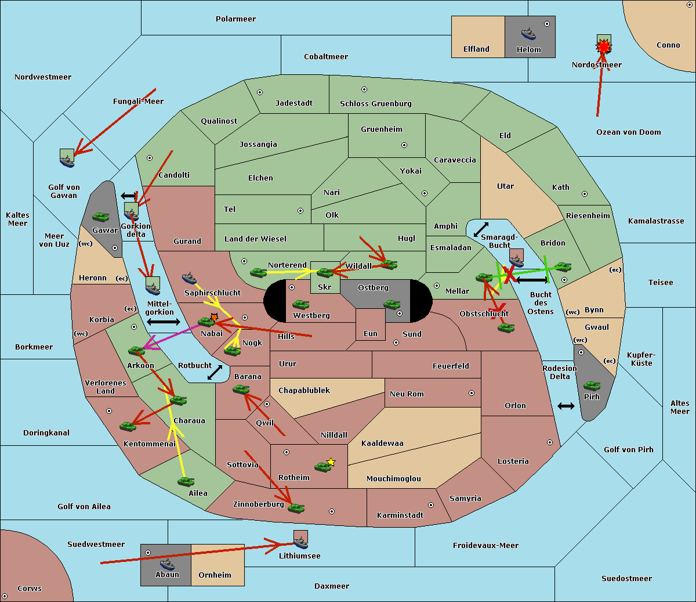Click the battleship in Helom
coord(528,33)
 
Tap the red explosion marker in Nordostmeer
coord(604,45)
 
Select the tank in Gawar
coord(101,217)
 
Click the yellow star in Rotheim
coord(331,462)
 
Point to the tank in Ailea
coord(186,481)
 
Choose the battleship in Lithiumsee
coord(300,542)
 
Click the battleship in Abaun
coord(167,564)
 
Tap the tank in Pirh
coord(592,385)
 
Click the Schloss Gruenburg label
coord(375,104)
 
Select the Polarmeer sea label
coord(235,19)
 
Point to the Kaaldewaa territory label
coord(382,444)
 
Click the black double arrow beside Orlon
coord(566,406)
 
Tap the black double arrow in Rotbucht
coord(215,372)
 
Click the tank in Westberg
coord(300,304)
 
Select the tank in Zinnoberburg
coord(296,508)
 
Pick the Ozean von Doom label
coord(628,132)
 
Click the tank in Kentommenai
coord(128,426)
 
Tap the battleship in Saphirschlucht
coord(190,277)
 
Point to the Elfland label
coord(476,49)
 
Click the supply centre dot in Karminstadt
coord(430,505)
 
